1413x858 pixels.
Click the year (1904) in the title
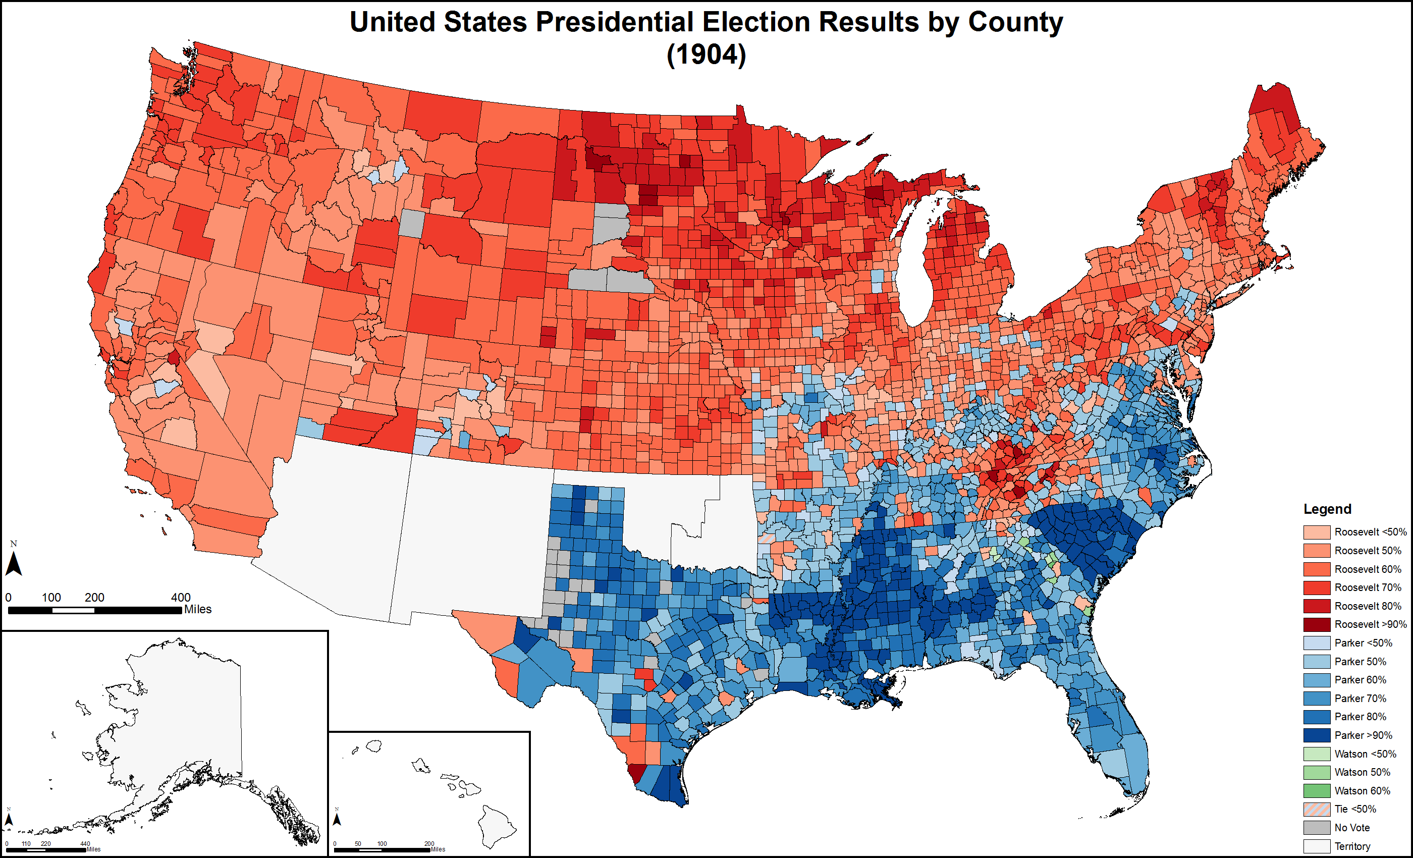click(x=706, y=55)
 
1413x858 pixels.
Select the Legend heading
click(x=1327, y=509)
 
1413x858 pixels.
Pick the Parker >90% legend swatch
click(x=1317, y=735)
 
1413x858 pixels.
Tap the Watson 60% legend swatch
click(x=1317, y=790)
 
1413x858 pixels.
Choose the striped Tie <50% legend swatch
click(x=1317, y=809)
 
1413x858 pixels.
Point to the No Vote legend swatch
click(x=1317, y=827)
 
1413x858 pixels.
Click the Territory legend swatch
click(x=1317, y=846)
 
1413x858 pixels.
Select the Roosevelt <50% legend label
click(x=1370, y=531)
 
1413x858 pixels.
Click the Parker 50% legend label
click(x=1360, y=661)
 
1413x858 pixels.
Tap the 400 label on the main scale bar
click(x=181, y=597)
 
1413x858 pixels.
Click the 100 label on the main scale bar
click(x=51, y=597)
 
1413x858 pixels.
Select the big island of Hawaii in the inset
click(x=497, y=826)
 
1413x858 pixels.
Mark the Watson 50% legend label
click(x=1362, y=772)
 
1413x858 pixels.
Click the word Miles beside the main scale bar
click(x=198, y=609)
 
